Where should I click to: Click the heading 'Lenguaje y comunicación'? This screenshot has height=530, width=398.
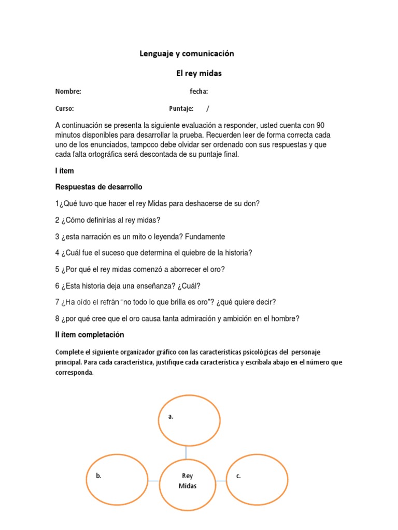click(x=187, y=53)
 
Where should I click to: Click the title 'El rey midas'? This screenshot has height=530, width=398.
click(x=199, y=73)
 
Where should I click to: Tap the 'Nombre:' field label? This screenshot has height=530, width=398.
click(x=68, y=92)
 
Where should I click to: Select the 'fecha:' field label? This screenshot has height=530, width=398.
click(x=199, y=92)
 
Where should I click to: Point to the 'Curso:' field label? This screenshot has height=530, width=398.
click(x=64, y=109)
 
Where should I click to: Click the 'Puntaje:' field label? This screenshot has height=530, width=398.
click(x=181, y=109)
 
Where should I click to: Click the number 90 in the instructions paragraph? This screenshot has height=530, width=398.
click(x=320, y=125)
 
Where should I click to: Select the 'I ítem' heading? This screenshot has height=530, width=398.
click(x=65, y=170)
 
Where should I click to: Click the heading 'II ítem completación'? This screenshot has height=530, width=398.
click(x=90, y=335)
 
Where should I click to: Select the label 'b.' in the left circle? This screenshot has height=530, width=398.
click(x=98, y=477)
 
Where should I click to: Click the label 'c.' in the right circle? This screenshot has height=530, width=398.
click(x=238, y=477)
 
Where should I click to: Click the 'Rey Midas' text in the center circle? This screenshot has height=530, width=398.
click(x=187, y=481)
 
